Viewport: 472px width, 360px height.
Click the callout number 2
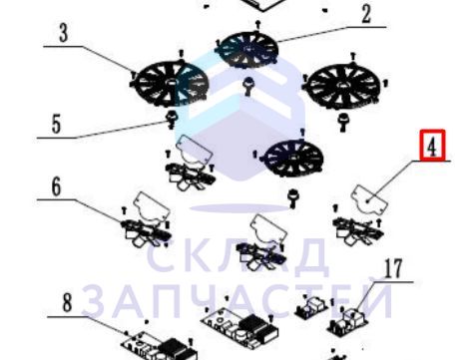366,14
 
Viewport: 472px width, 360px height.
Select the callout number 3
64,33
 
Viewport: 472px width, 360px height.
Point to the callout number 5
56,125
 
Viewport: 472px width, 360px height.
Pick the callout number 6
56,186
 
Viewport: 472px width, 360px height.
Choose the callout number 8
67,303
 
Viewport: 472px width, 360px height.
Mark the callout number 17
393,269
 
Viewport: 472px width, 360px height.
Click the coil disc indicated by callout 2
246,50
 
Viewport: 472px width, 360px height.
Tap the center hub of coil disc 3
171,82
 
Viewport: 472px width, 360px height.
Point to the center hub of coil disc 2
247,49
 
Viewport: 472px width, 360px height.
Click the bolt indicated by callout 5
172,120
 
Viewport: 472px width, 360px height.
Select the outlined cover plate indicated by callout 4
370,199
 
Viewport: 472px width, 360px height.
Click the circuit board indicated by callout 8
160,346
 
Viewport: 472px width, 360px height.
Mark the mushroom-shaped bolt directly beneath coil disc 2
248,86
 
